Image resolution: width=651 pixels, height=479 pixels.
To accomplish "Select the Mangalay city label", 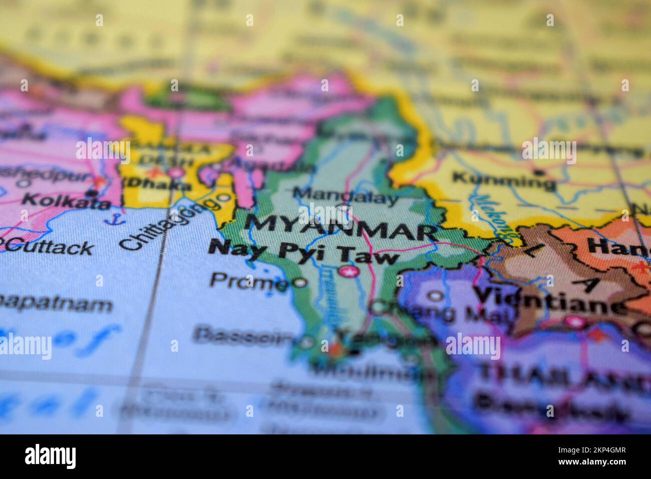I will [x=346, y=195].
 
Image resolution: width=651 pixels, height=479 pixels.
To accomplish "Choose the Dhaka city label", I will [x=156, y=185].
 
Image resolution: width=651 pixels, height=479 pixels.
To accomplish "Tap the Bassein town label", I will [x=243, y=335].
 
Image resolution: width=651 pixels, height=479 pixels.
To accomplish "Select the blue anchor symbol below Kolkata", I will [x=116, y=219].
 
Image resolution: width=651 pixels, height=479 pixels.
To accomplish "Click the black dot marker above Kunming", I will [x=538, y=172].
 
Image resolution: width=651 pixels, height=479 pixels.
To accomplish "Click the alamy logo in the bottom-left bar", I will [x=51, y=456].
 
